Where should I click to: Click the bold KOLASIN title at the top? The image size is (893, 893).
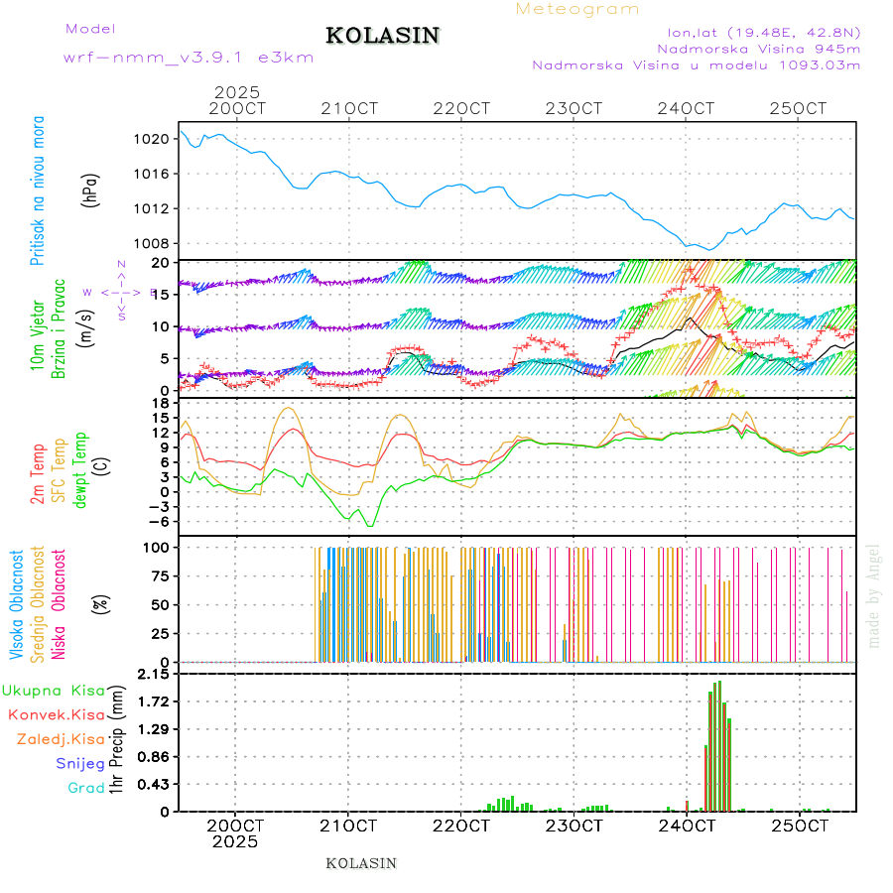pos(382,36)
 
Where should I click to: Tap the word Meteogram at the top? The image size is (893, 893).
pos(577,9)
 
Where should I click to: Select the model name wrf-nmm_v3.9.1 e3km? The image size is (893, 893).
pos(189,58)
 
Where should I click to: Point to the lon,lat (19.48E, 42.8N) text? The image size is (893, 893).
pos(763,32)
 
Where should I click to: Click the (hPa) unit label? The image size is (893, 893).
pos(91,189)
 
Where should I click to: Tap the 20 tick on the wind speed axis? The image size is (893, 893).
pos(160,263)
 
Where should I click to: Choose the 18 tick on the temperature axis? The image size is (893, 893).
pos(160,403)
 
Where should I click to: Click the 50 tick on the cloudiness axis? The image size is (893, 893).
pos(160,604)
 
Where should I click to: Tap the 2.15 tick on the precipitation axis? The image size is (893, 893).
pos(153,675)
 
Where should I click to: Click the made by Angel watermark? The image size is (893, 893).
pos(874,595)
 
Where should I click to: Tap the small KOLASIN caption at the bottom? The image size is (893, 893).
pos(361,863)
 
